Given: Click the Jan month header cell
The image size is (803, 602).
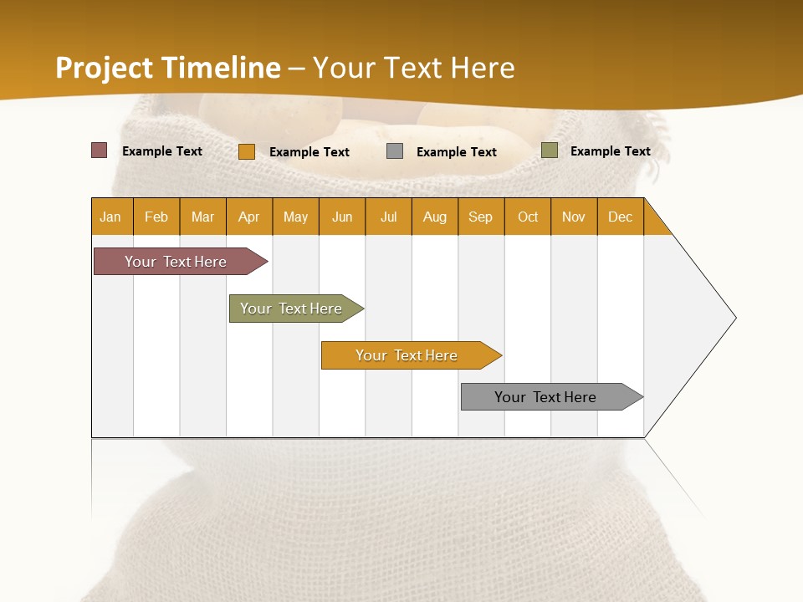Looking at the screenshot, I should pyautogui.click(x=111, y=217).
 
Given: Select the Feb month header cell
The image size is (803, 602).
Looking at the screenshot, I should pyautogui.click(x=156, y=217).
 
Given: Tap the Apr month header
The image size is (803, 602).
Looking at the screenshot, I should pyautogui.click(x=249, y=217).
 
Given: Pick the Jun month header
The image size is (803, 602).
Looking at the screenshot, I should pyautogui.click(x=342, y=217).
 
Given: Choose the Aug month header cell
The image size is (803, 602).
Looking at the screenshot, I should pyautogui.click(x=435, y=217).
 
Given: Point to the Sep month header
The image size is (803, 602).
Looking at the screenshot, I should pyautogui.click(x=481, y=217).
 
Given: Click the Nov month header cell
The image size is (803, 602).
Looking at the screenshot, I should pyautogui.click(x=574, y=217).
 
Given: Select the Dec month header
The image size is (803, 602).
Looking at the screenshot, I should pyautogui.click(x=621, y=217).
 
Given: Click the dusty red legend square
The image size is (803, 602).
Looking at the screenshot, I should pyautogui.click(x=99, y=150).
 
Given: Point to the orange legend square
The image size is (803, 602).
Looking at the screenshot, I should pyautogui.click(x=247, y=151).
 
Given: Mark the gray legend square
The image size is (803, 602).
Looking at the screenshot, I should pyautogui.click(x=395, y=151).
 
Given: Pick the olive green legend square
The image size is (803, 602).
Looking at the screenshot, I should pyautogui.click(x=549, y=150).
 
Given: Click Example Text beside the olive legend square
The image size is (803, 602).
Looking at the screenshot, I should pyautogui.click(x=610, y=151).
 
